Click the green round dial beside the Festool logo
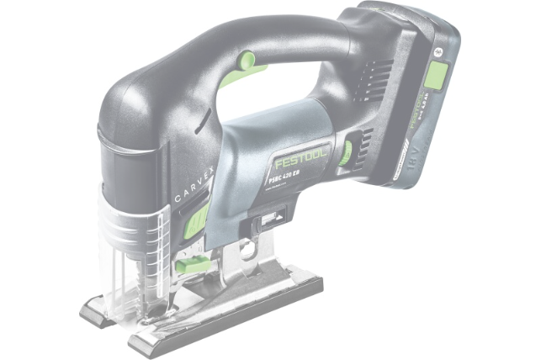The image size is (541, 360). point(346,152)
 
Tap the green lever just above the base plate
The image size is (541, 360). point(192,266)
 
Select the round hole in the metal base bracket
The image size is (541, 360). point(247,250)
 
